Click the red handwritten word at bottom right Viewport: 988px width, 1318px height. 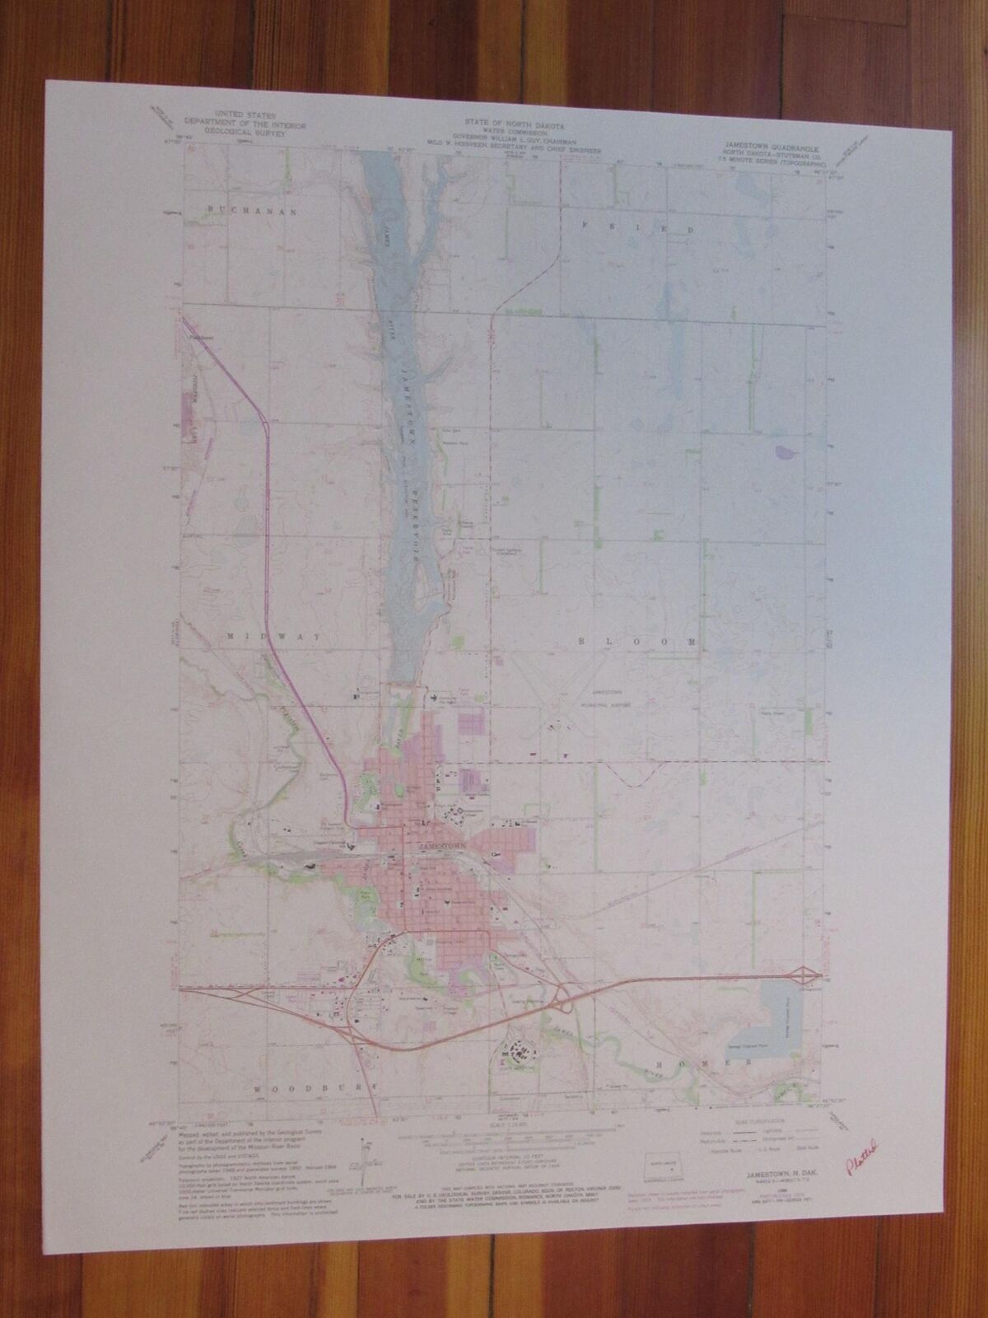[858, 1146]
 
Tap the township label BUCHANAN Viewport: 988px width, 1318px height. [240, 212]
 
